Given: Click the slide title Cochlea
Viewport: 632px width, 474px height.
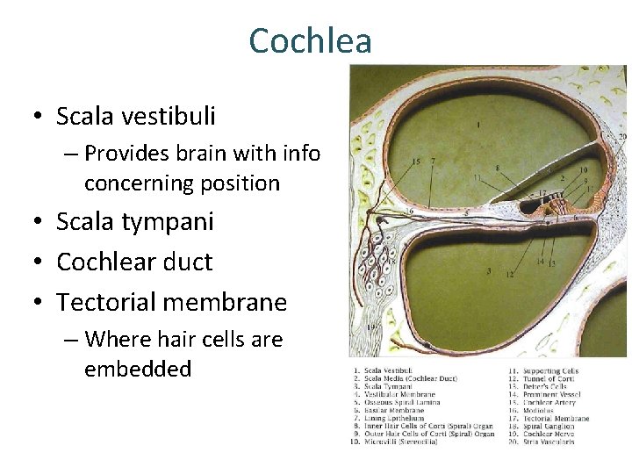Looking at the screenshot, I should point(310,41).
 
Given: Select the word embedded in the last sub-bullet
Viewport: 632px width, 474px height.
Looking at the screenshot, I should point(137,369).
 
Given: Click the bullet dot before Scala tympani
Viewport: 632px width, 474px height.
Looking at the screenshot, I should point(40,222).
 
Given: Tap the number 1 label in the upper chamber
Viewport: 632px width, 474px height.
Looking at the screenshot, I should point(478,126).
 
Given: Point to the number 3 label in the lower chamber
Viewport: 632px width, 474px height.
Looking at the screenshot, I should point(488,271).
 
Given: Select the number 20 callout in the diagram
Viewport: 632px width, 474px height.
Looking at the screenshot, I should point(622,137).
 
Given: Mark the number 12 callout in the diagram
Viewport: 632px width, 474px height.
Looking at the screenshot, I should point(509,275).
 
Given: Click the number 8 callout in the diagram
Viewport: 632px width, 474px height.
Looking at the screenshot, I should point(498,168).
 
